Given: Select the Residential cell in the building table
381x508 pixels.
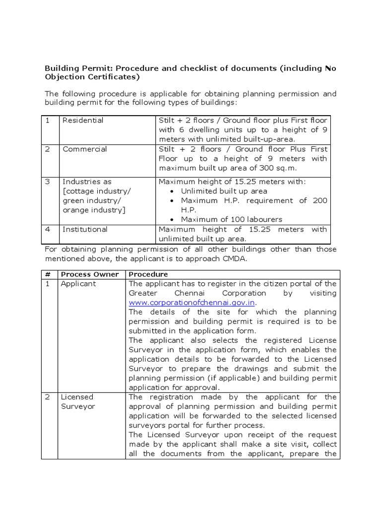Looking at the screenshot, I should coord(83,121).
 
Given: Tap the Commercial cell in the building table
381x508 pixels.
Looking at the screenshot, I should coord(84,149).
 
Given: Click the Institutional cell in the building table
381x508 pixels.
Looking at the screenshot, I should coord(85,229).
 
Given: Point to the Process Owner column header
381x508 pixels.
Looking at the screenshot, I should coord(90,274).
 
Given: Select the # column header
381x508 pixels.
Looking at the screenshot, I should coord(49,274).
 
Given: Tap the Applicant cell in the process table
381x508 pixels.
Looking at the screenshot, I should coord(78,284).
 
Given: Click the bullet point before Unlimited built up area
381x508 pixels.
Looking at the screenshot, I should coord(172,191).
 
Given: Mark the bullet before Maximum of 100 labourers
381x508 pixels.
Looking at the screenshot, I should coord(172,220).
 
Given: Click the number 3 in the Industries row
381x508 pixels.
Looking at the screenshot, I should coord(48,182).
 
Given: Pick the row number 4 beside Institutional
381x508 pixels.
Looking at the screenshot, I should coord(48,229).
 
